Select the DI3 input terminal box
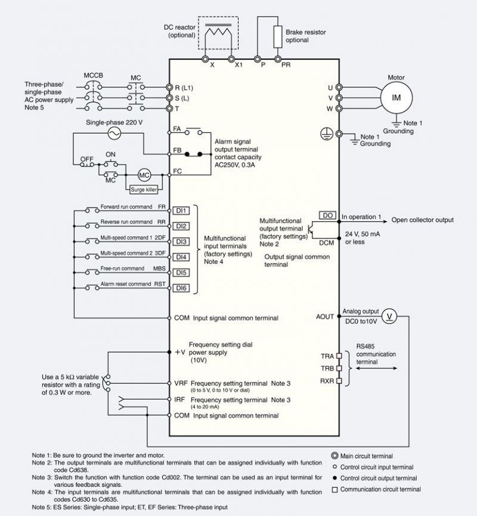tap(181, 242)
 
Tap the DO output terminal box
tap(327, 215)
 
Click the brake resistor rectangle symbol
tap(278, 36)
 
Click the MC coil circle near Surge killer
tap(144, 175)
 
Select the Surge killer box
tap(144, 189)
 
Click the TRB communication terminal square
tap(339, 368)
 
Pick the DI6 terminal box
tap(181, 288)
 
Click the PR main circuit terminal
tap(278, 59)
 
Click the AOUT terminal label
tap(325, 317)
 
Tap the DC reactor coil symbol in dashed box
tap(218, 35)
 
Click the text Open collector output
tap(422, 220)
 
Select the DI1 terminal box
tap(181, 211)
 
